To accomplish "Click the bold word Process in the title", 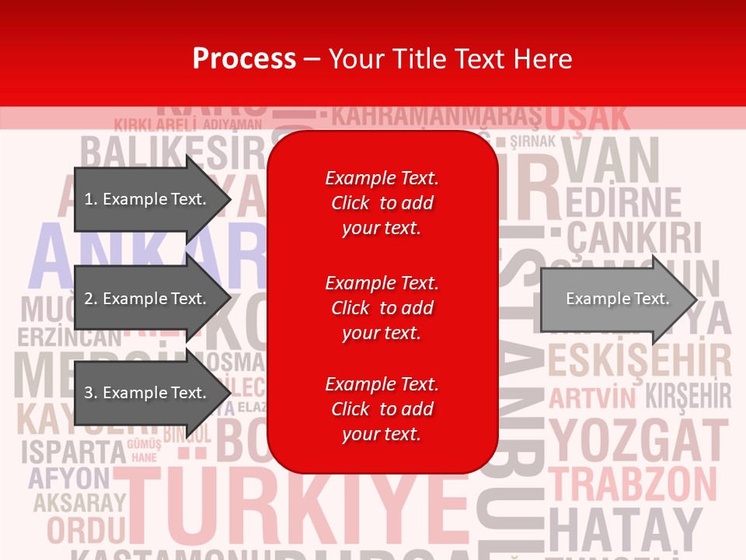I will coord(244,58).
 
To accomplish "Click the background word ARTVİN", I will coord(593,398).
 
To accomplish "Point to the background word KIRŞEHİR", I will coord(688,396).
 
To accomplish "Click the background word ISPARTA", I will coord(73,451).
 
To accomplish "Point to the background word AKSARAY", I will coord(78,503).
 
